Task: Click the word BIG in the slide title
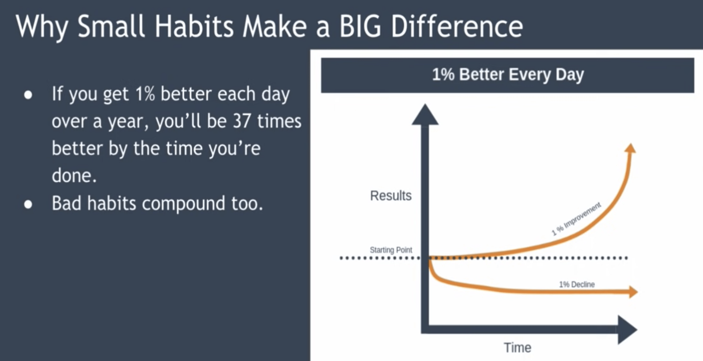(x=360, y=27)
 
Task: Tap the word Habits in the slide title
(x=194, y=27)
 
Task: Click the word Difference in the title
(x=457, y=27)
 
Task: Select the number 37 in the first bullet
(x=242, y=121)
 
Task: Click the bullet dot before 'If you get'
(x=28, y=95)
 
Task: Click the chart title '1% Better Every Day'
(x=507, y=75)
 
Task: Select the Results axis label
(x=391, y=196)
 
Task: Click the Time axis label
(x=517, y=347)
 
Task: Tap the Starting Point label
(x=391, y=250)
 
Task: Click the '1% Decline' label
(x=577, y=284)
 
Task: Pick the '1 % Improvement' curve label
(x=576, y=219)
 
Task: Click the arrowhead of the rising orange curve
(x=630, y=148)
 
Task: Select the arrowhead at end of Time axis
(x=627, y=329)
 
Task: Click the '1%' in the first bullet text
(x=145, y=94)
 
